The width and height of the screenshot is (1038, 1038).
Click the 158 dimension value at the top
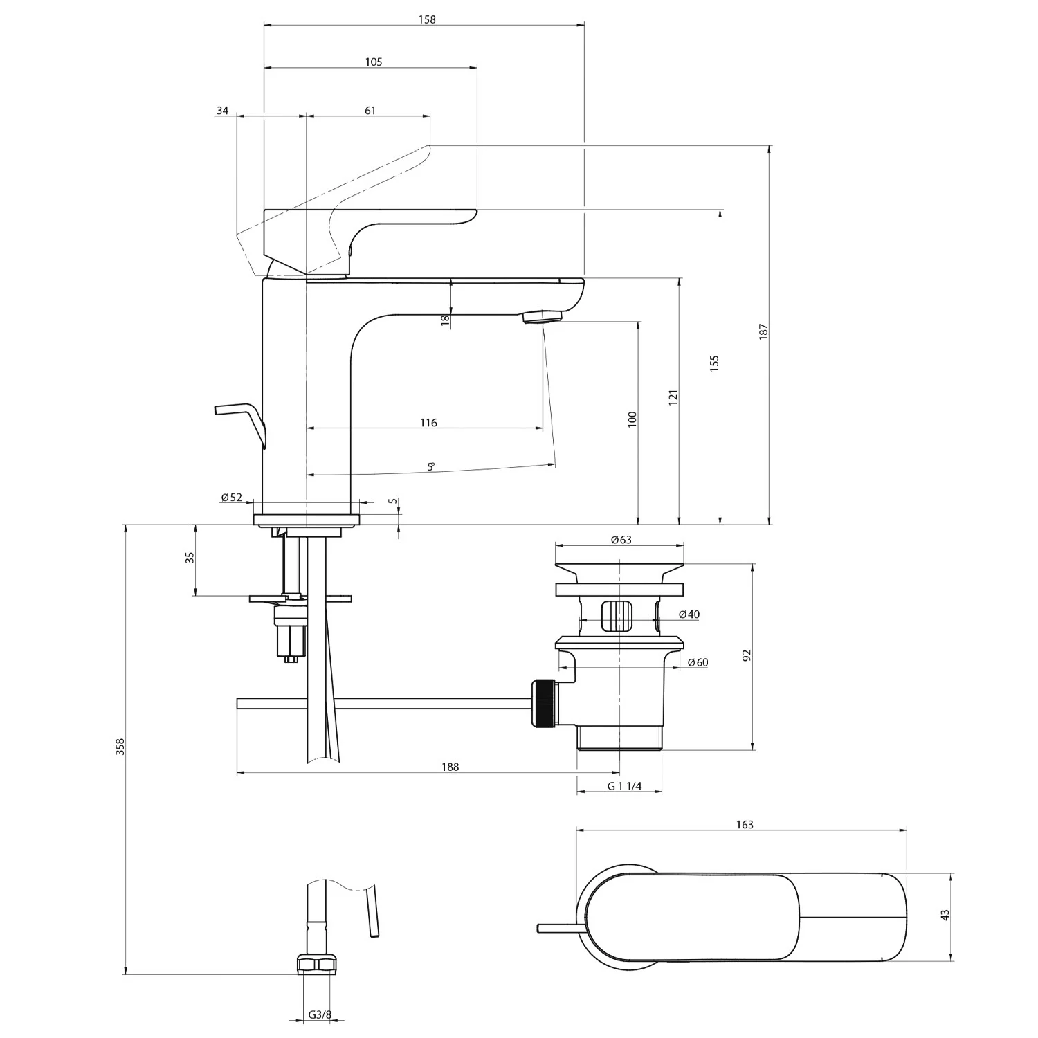(427, 19)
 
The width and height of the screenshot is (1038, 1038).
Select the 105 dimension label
(374, 62)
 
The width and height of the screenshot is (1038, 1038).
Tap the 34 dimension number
(222, 111)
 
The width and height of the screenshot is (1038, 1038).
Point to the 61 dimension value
(370, 111)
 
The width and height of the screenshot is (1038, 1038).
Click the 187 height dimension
(764, 331)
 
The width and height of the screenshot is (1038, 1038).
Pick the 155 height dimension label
(715, 364)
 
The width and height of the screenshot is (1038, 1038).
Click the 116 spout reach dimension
(428, 423)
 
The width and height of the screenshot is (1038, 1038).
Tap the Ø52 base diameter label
(232, 497)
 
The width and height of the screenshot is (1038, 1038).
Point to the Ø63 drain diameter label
(621, 540)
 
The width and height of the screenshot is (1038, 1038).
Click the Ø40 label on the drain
(689, 614)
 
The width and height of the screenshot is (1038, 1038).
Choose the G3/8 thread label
(320, 1015)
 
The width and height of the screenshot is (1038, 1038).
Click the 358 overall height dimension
(120, 747)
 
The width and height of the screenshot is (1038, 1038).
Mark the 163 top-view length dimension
(745, 824)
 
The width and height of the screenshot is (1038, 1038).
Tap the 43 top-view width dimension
(945, 914)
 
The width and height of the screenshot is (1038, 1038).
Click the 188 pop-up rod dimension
(450, 767)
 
